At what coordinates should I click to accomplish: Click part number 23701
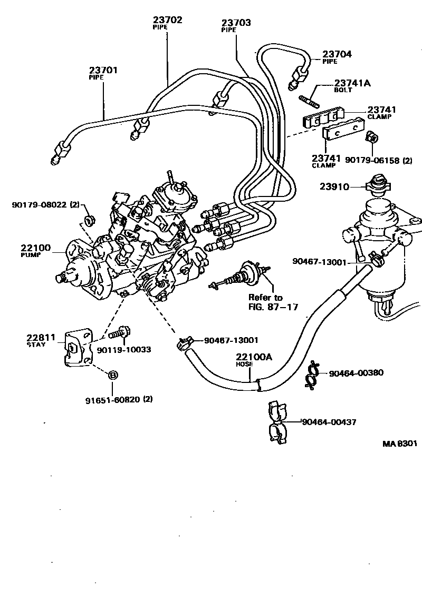coord(103,70)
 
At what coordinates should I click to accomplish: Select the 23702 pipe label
coord(167,20)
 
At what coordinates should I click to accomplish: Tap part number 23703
coord(236,23)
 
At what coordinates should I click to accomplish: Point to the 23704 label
coord(337,54)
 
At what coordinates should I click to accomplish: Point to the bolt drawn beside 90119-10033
coord(120,333)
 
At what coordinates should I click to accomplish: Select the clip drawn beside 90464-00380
coord(312,374)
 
